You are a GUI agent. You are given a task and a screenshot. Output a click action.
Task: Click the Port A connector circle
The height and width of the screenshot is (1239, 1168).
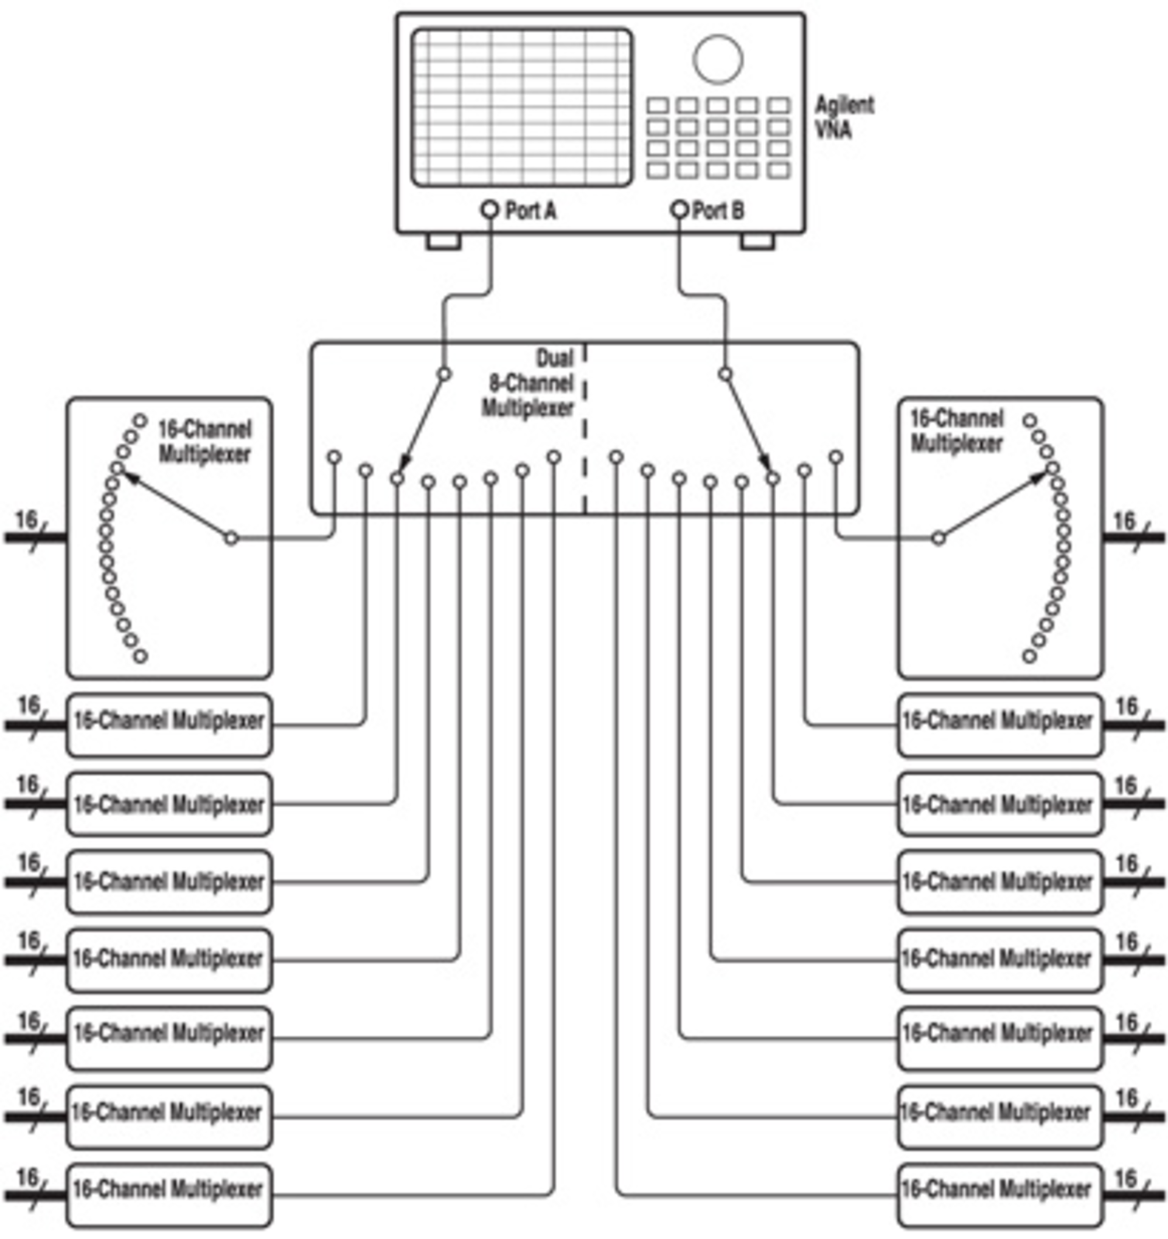(x=490, y=209)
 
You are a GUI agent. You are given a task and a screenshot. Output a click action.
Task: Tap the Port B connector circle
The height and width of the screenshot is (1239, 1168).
(x=679, y=209)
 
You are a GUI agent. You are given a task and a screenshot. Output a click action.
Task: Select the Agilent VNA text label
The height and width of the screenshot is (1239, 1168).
(x=844, y=117)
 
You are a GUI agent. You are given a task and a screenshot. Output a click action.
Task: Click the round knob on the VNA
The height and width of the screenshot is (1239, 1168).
(x=717, y=58)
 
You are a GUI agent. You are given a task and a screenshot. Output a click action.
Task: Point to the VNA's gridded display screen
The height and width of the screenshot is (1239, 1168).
(x=521, y=107)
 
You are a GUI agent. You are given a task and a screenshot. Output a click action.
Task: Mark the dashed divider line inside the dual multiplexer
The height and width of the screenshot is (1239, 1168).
(x=585, y=430)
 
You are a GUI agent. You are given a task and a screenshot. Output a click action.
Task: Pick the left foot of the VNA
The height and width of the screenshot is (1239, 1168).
(x=443, y=241)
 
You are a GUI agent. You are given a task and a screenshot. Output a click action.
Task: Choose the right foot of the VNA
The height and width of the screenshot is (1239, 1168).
(x=757, y=241)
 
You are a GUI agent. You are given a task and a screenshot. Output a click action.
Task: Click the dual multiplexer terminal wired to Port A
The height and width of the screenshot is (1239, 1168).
(x=443, y=375)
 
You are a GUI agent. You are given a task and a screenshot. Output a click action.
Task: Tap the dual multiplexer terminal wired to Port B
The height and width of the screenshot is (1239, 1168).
(x=725, y=375)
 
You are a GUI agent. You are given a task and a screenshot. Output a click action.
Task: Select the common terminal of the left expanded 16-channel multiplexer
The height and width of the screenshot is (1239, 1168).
(x=231, y=538)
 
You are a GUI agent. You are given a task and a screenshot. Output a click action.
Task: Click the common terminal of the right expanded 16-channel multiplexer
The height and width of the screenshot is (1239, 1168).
(x=939, y=538)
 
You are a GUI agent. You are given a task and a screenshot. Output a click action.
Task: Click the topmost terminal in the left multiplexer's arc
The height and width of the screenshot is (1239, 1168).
(x=141, y=421)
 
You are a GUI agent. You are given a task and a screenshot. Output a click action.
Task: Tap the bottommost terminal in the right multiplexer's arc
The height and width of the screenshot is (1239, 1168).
(x=1030, y=656)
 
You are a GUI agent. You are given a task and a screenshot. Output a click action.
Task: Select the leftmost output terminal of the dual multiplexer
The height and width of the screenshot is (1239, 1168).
(x=334, y=457)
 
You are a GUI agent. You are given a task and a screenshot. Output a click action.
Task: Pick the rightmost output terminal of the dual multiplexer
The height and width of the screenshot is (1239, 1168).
(x=836, y=457)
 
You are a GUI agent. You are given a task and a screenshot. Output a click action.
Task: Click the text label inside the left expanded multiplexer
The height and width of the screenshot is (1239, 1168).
(x=204, y=442)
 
